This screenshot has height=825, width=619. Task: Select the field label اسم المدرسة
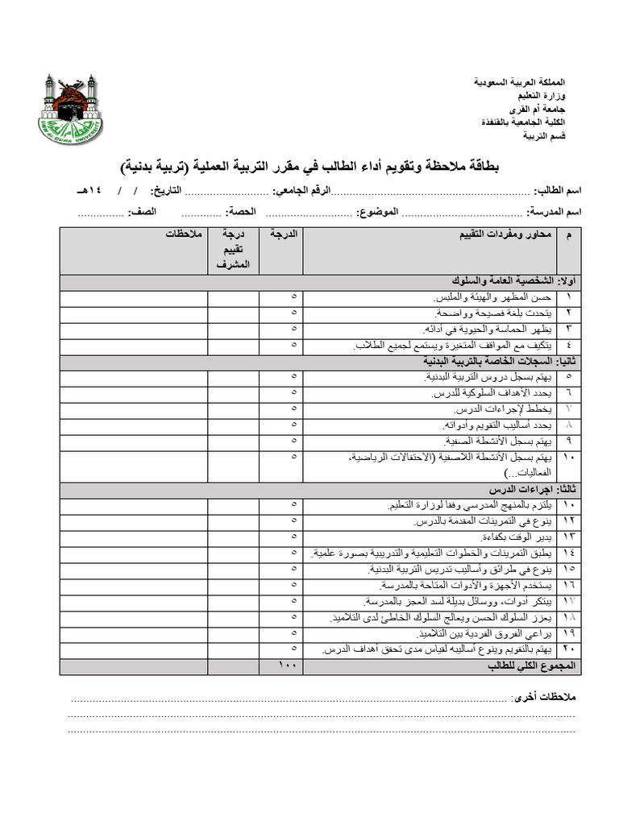point(555,212)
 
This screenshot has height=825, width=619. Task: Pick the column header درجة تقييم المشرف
point(234,249)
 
